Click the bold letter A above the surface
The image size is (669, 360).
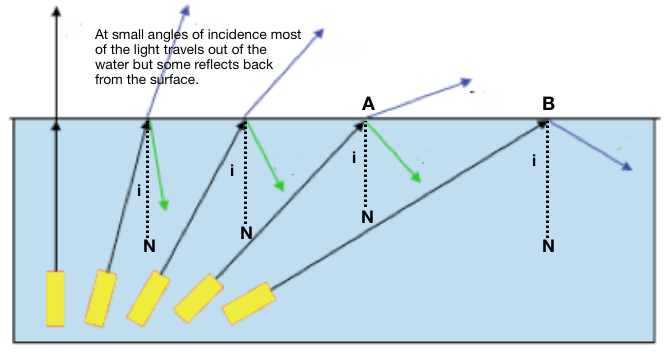(368, 104)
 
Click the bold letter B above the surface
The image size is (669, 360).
(548, 104)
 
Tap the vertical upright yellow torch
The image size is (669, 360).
(55, 299)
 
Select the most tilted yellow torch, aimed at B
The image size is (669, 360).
(249, 303)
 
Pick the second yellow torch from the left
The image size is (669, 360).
(101, 298)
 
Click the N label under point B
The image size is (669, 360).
(548, 246)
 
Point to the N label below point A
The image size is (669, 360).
(367, 218)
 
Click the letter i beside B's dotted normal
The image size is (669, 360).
(534, 161)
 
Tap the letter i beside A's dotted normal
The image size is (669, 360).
(354, 158)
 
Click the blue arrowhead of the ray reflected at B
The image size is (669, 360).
(626, 166)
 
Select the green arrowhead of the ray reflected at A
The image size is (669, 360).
(416, 177)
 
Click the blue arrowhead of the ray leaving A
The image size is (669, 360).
(466, 82)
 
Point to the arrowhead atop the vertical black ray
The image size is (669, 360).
(56, 11)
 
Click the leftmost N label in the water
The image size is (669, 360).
(149, 246)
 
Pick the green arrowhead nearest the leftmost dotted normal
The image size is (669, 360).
(164, 205)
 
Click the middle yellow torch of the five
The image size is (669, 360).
(148, 299)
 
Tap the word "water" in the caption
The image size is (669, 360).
(110, 65)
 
